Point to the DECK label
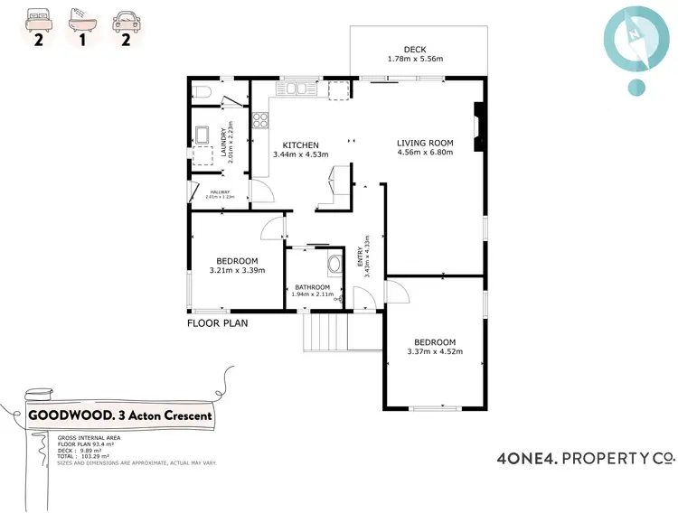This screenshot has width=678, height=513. click(415, 50)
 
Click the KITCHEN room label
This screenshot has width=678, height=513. click(301, 145)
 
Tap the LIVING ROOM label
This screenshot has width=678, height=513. click(425, 143)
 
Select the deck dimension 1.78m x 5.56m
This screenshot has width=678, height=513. click(415, 61)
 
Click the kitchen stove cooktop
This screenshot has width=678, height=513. click(261, 118)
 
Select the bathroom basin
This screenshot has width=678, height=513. click(334, 265)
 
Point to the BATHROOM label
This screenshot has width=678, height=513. click(312, 287)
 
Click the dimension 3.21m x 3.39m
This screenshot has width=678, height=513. click(236, 270)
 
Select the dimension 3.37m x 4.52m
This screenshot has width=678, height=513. click(435, 352)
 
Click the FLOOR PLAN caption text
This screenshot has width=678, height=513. click(217, 322)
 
